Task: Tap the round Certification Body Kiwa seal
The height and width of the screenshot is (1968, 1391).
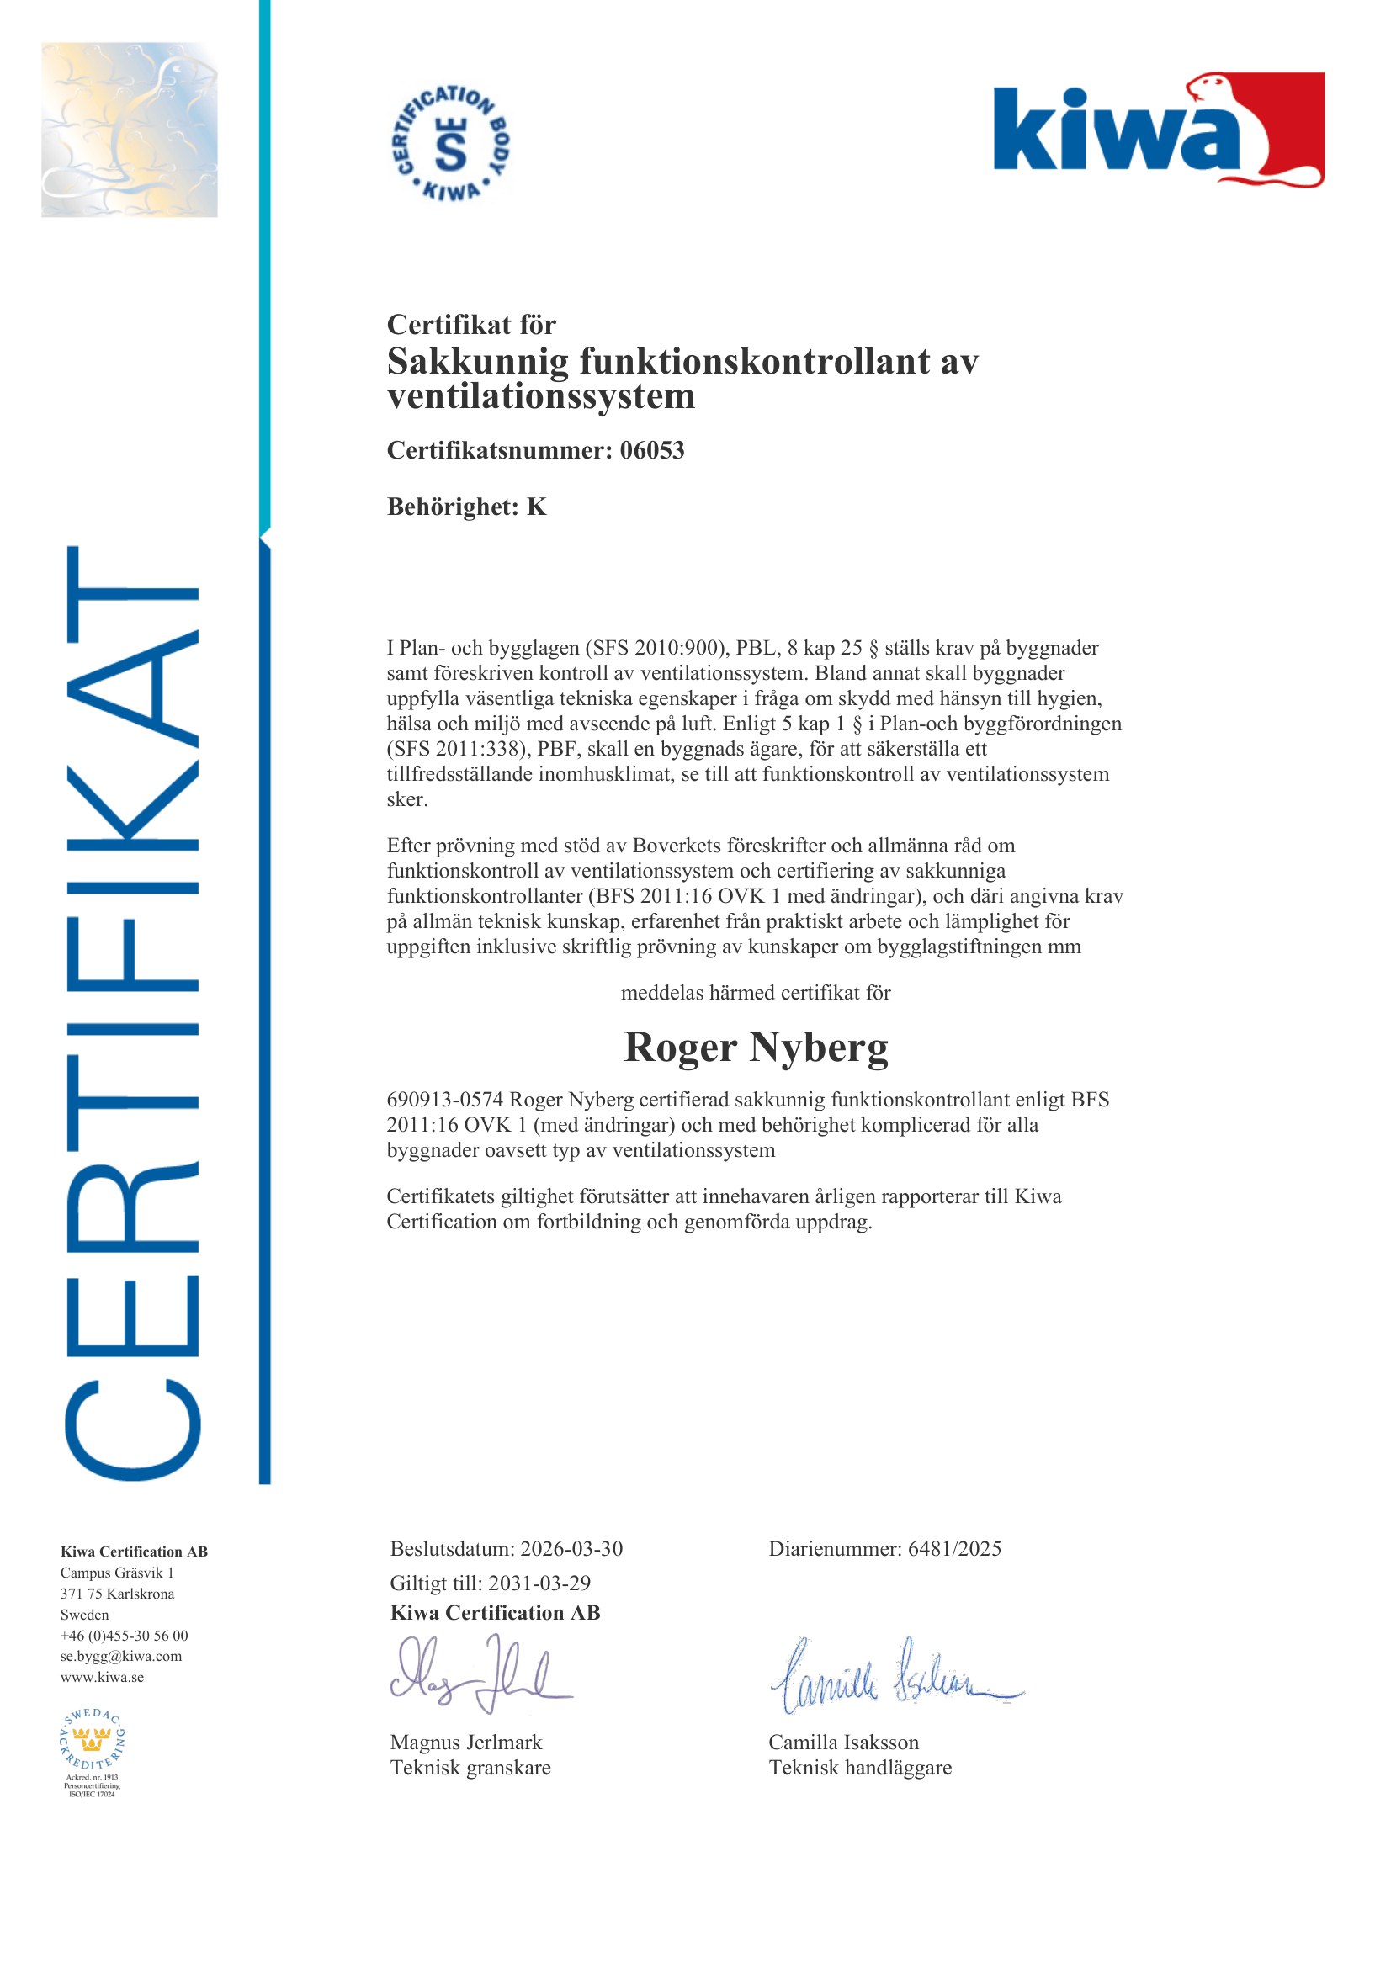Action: [x=451, y=143]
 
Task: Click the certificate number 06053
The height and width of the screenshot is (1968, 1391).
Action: [x=651, y=450]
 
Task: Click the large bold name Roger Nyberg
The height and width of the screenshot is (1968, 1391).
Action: [x=755, y=1048]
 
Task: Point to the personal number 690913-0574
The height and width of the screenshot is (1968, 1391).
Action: [x=444, y=1100]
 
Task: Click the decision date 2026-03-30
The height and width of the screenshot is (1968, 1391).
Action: [x=571, y=1549]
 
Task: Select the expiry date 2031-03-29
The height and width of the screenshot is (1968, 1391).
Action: [x=539, y=1583]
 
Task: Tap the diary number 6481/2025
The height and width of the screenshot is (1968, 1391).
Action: [x=954, y=1549]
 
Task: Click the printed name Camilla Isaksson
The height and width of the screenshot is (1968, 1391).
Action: [x=843, y=1743]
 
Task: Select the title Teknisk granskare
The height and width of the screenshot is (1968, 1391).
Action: [x=470, y=1768]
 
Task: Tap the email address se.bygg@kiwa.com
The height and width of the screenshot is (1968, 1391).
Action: [x=121, y=1656]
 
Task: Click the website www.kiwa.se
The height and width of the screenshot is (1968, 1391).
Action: [x=102, y=1678]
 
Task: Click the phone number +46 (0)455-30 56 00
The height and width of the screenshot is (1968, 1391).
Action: [x=125, y=1636]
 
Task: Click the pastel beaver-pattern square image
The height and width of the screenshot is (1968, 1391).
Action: [x=130, y=130]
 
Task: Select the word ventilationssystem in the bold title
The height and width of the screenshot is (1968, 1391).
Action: [x=541, y=397]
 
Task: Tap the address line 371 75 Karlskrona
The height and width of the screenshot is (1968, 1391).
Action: [x=118, y=1594]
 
